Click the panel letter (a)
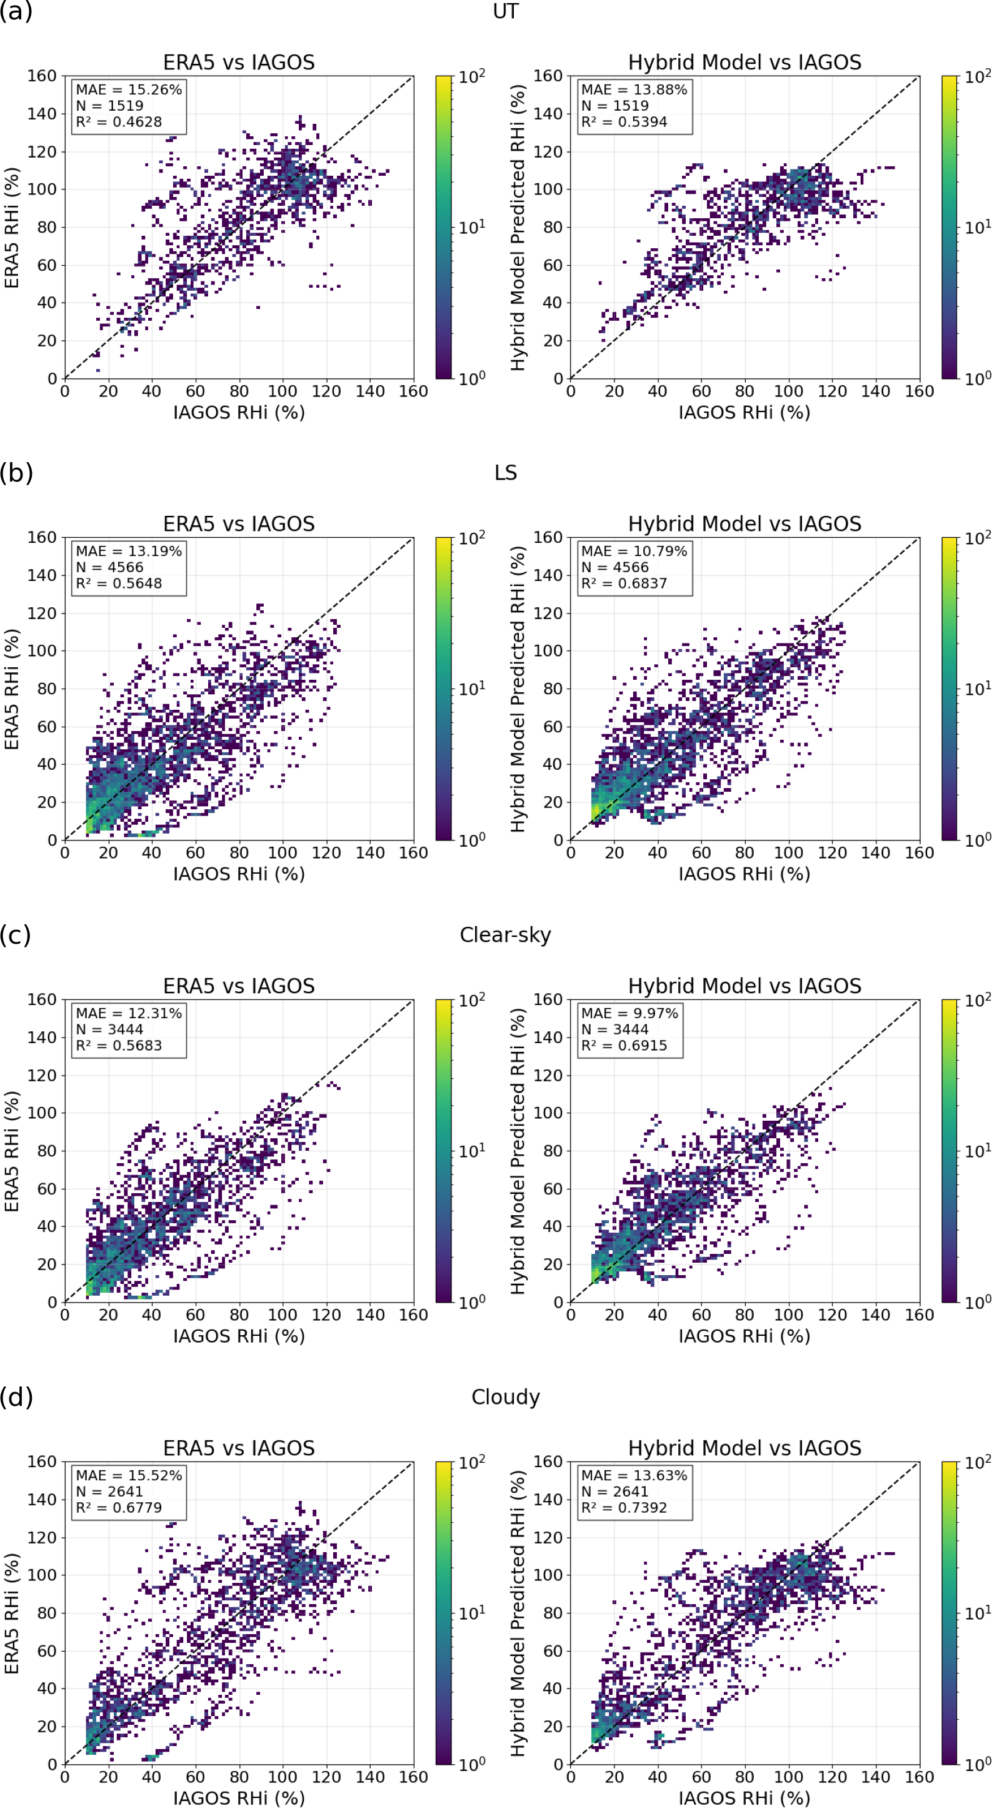pyautogui.click(x=16, y=12)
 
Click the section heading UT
pyautogui.click(x=505, y=12)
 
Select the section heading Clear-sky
pyautogui.click(x=505, y=935)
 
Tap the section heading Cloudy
pyautogui.click(x=505, y=1396)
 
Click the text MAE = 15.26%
pyautogui.click(x=128, y=90)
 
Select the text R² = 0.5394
pyautogui.click(x=624, y=122)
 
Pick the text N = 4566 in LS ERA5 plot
pyautogui.click(x=109, y=567)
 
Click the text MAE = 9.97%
pyautogui.click(x=629, y=1014)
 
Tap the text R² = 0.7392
pyautogui.click(x=624, y=1508)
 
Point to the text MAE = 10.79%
pyautogui.click(x=633, y=551)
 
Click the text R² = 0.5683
pyautogui.click(x=119, y=1046)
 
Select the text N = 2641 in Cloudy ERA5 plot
pyautogui.click(x=109, y=1492)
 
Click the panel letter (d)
pyautogui.click(x=16, y=1396)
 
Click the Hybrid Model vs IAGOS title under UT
pyautogui.click(x=744, y=63)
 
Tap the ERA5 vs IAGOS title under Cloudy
pyautogui.click(x=239, y=1448)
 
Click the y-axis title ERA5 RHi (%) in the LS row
pyautogui.click(x=11, y=689)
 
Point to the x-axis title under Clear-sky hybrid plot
pyautogui.click(x=744, y=1336)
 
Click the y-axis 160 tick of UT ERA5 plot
pyautogui.click(x=42, y=76)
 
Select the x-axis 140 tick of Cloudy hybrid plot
pyautogui.click(x=876, y=1777)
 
